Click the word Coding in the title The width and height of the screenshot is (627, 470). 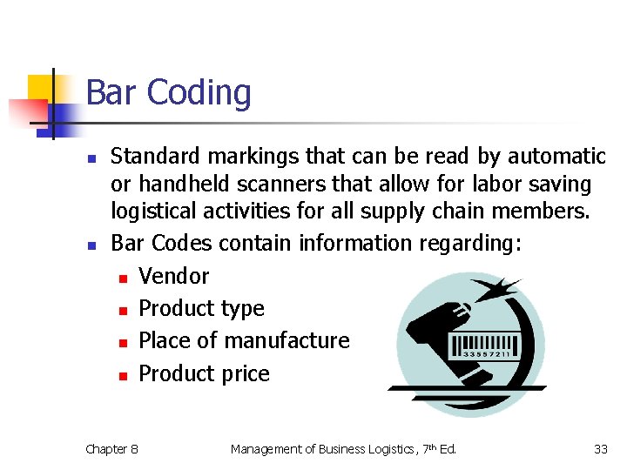coord(199,93)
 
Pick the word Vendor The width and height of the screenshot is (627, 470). coord(174,276)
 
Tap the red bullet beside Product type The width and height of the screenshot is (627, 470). coord(123,310)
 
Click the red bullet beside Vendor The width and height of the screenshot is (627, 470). coord(123,278)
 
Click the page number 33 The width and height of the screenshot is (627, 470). coord(600,449)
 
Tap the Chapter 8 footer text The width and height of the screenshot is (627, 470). coord(111,449)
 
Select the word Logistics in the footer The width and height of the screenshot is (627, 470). coord(390,449)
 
